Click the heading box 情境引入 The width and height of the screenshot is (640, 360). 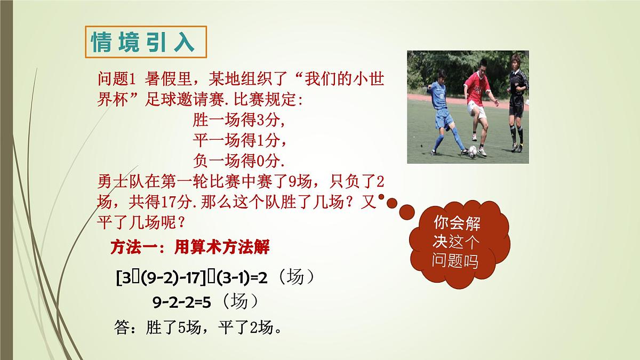coord(146,42)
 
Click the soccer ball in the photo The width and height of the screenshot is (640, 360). coord(473,151)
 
